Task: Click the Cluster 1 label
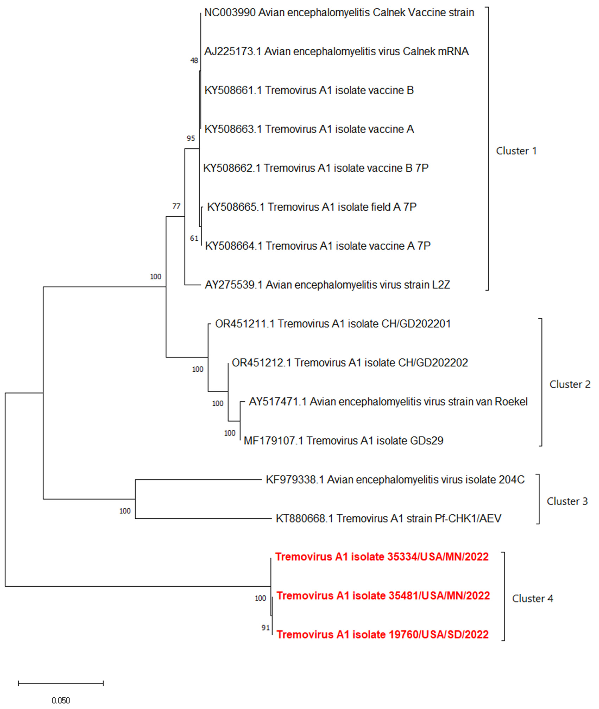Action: click(516, 151)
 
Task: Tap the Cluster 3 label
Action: click(567, 501)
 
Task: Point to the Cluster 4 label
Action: click(532, 599)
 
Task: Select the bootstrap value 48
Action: click(194, 61)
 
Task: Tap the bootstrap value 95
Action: click(191, 138)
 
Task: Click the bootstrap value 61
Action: click(194, 239)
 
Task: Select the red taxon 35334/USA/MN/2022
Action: click(382, 557)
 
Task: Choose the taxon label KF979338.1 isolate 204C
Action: click(395, 480)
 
